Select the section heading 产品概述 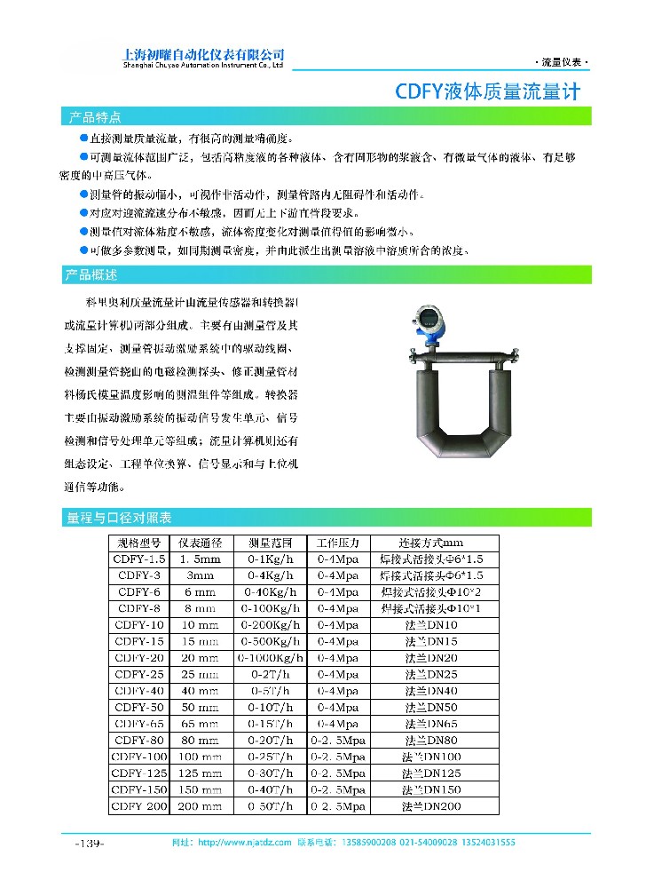click(92, 274)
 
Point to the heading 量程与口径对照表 click(119, 517)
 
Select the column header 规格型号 click(138, 543)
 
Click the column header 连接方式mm click(430, 543)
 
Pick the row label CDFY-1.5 click(138, 559)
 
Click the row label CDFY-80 click(138, 740)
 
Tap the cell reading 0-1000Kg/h click(272, 657)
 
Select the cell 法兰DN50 click(430, 707)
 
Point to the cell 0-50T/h click(272, 806)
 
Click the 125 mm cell click(200, 773)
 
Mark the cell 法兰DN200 click(430, 806)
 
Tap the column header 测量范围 click(272, 543)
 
